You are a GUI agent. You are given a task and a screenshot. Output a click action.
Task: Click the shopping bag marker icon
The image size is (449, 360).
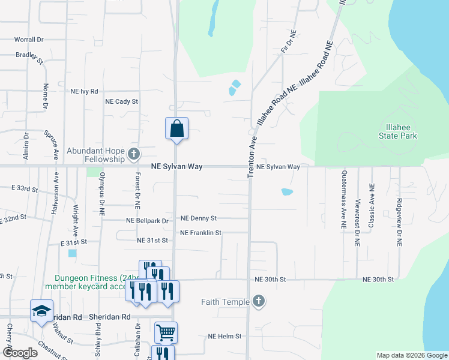pos(176,128)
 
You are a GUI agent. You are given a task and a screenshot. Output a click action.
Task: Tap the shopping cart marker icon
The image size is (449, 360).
pos(166,332)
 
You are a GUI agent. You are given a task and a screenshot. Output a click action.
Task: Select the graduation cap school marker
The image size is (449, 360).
pos(41,311)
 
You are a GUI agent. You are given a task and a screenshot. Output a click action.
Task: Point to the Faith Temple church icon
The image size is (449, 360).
pos(258,301)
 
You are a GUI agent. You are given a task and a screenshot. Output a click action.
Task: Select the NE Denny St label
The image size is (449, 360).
pos(198,218)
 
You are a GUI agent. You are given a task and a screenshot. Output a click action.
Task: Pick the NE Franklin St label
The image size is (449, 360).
pos(201,232)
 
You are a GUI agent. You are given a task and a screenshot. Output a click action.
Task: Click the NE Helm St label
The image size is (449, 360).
pos(224,337)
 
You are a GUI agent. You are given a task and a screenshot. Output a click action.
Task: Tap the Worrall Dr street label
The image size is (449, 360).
pos(29,40)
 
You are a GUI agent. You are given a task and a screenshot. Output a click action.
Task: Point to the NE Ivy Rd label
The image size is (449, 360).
pos(84,91)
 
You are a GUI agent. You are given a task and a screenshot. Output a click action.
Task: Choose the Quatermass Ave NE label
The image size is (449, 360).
pos(344,207)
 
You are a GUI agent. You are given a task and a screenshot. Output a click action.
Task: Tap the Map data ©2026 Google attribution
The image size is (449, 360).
pos(411,355)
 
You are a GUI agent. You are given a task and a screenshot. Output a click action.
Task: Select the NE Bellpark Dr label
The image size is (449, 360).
pos(147,221)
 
